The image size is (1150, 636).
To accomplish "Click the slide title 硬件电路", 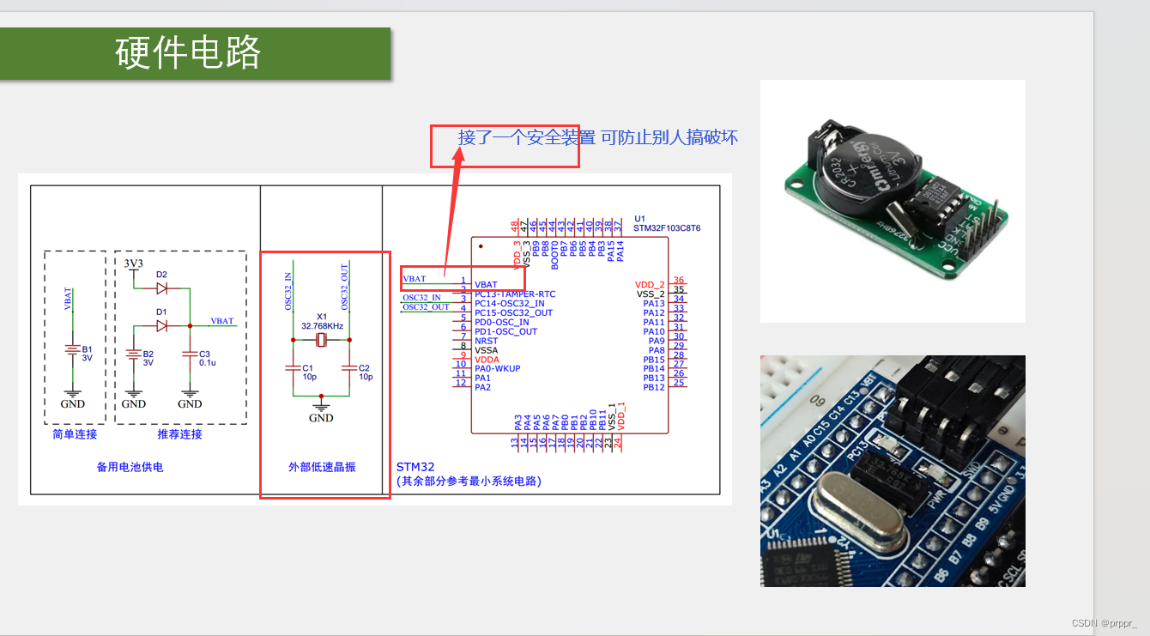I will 188,53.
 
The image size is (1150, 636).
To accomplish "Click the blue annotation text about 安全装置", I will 597,137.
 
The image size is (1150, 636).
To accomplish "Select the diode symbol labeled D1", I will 160,325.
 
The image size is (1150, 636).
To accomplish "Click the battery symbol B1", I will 73,350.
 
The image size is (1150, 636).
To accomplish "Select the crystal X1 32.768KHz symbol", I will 321,341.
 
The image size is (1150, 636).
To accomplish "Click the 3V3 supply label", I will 133,263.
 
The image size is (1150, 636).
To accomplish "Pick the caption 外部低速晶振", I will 322,468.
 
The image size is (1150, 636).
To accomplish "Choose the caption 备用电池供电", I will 130,468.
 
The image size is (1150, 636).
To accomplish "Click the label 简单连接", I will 75,434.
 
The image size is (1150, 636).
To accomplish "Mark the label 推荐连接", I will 179,434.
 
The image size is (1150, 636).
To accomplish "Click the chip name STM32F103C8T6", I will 667,228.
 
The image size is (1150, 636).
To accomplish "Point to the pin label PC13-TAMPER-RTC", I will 514,294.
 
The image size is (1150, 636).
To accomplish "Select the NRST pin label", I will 486,341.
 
